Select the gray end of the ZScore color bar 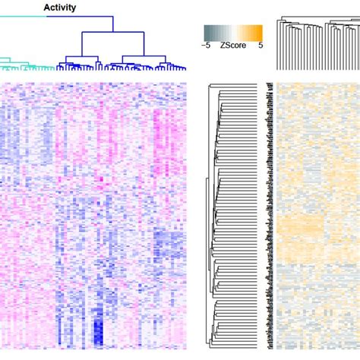[207, 32]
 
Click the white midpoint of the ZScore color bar [233, 32]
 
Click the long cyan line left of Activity [23, 15]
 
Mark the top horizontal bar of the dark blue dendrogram [112, 31]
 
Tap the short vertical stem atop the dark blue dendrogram [112, 24]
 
